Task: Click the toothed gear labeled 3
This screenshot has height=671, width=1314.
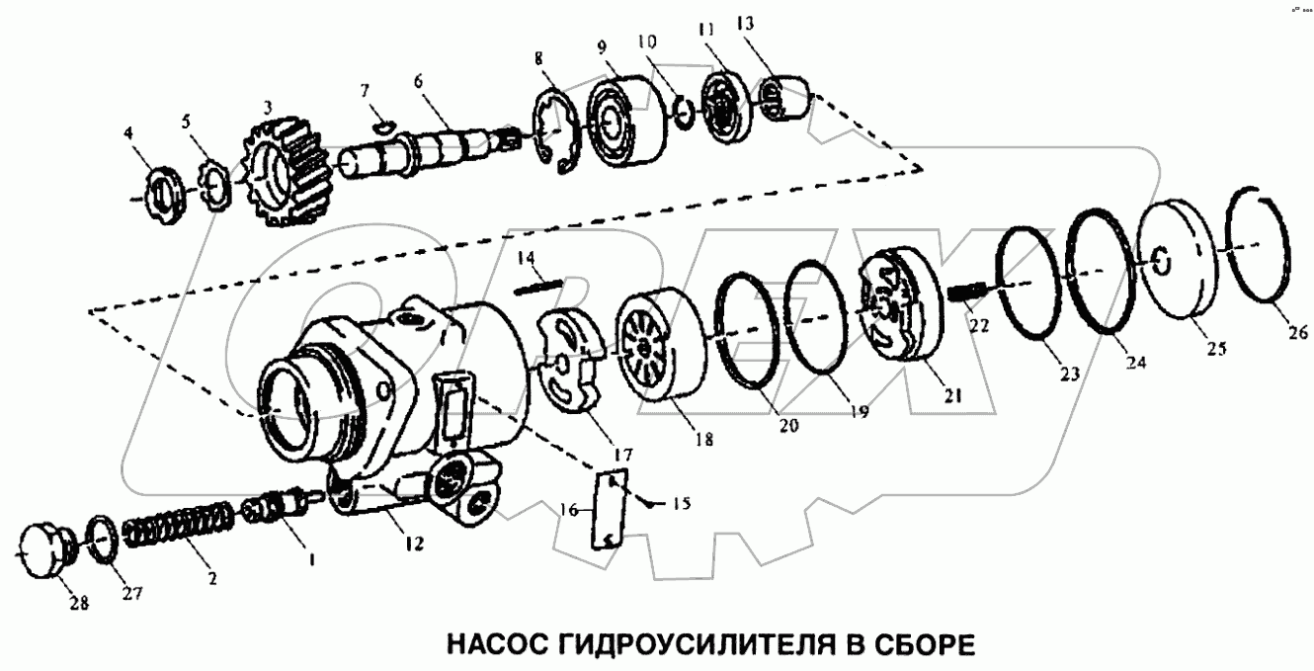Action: (287, 173)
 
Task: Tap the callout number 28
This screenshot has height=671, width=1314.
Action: (79, 603)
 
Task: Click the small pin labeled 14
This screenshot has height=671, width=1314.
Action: (537, 287)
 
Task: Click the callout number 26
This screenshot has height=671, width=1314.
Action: (1298, 333)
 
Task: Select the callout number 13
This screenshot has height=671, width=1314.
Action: (745, 24)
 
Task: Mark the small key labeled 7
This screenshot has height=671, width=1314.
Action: (385, 126)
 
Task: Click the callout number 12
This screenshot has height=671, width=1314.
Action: (414, 544)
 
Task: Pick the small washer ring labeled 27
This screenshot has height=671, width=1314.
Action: (103, 540)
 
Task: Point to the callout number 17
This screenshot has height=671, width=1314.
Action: (622, 455)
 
